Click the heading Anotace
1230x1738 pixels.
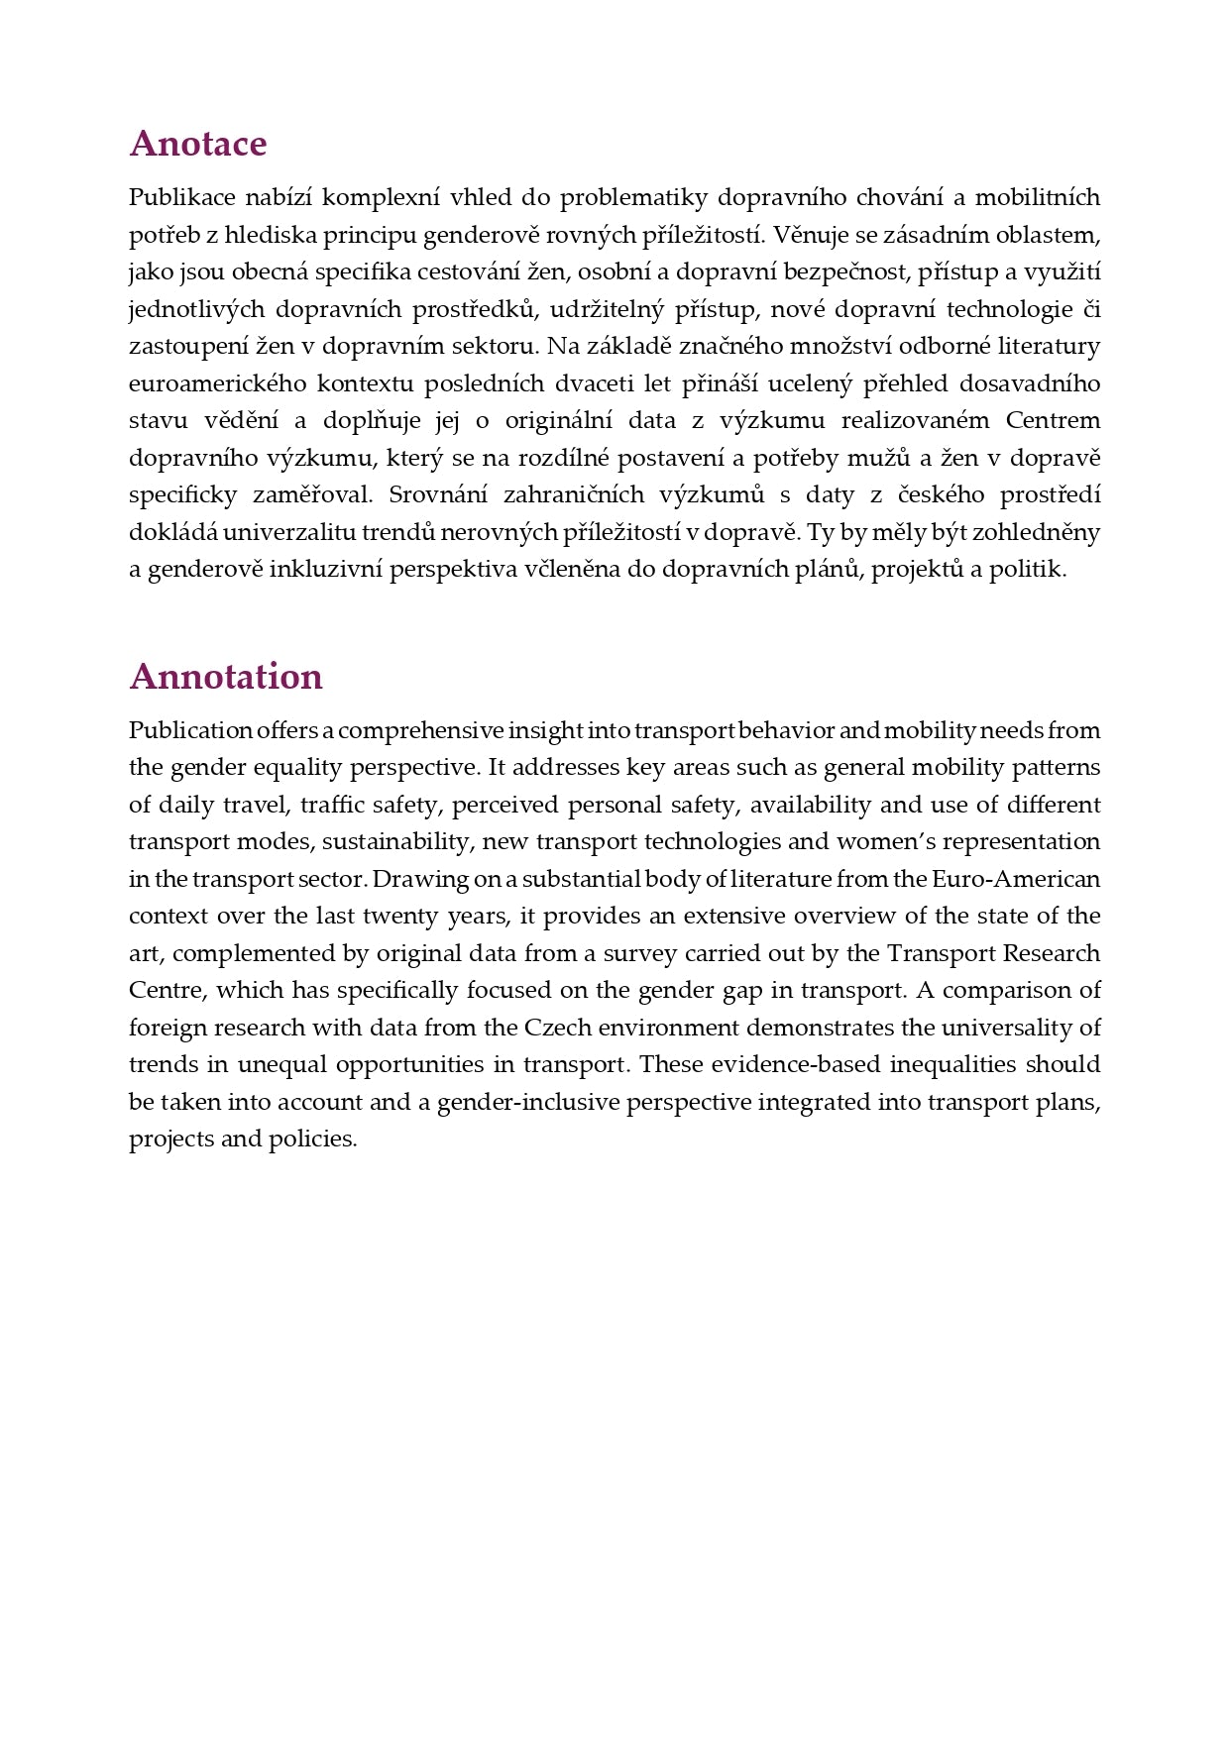point(198,144)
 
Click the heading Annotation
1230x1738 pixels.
point(226,677)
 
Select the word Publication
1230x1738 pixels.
point(190,731)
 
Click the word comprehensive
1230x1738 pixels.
point(421,731)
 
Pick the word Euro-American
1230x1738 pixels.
point(1023,879)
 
